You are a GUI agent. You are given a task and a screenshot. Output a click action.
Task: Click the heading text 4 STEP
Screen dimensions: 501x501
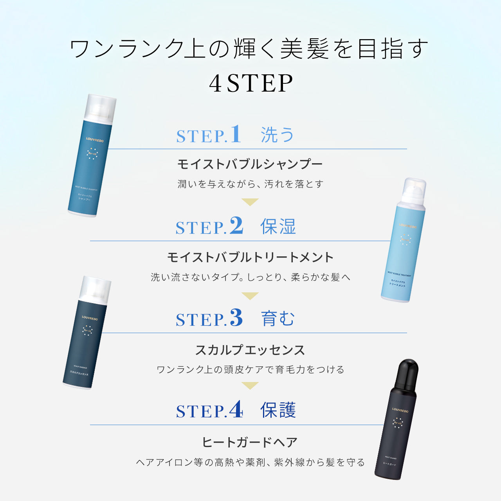250,83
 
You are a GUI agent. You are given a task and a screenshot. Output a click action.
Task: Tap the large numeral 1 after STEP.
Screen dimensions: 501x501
236,134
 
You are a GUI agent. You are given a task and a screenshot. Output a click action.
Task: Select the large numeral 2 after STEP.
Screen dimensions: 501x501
236,226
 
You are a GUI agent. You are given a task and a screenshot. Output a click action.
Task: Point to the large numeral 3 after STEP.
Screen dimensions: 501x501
236,318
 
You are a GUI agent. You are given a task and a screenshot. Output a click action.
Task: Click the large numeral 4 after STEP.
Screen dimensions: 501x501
236,410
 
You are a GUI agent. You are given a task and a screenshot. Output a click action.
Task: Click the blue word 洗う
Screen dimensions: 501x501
278,135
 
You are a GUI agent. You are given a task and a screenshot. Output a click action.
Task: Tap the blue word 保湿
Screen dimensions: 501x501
278,227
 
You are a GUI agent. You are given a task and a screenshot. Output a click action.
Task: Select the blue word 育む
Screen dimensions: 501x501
278,319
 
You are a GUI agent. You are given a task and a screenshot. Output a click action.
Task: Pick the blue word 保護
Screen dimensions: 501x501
278,410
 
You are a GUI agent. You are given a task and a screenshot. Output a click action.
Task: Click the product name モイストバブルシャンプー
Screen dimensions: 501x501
250,164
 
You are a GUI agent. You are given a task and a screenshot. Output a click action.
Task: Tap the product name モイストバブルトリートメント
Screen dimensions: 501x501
250,257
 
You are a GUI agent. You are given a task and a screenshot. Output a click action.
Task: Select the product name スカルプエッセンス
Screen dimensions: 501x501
250,350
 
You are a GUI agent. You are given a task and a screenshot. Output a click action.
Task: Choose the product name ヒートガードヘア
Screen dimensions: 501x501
250,442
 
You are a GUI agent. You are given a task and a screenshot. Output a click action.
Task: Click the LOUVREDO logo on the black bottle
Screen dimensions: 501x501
400,411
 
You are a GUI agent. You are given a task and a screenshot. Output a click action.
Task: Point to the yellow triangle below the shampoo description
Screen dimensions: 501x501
250,202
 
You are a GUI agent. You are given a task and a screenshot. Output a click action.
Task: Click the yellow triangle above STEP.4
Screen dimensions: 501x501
250,386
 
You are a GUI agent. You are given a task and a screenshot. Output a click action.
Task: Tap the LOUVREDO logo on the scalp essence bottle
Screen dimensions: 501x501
90,318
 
